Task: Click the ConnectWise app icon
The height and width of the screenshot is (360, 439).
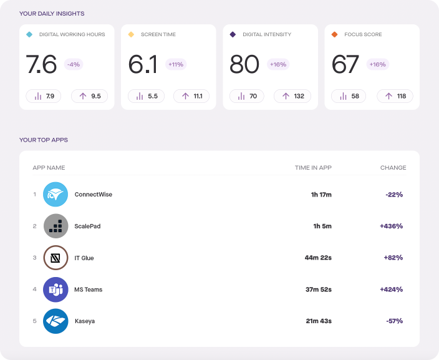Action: tap(55, 195)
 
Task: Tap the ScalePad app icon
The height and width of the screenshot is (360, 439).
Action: tap(55, 226)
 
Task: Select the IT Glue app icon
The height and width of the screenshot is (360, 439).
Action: tap(55, 258)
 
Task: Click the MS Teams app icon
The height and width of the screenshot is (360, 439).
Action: tap(55, 289)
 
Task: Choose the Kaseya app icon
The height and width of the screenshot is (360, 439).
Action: tap(55, 321)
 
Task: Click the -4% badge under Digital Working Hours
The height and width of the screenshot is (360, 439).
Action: tap(74, 64)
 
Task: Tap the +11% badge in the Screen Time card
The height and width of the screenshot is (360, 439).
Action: tap(176, 64)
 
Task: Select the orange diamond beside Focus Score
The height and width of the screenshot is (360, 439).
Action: tap(335, 34)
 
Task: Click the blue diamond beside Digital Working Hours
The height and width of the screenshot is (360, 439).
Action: tap(29, 34)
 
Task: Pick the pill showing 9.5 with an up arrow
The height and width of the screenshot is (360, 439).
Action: tap(89, 96)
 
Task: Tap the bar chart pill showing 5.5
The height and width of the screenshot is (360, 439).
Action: tap(147, 96)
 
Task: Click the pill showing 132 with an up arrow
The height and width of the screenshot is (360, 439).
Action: tap(293, 96)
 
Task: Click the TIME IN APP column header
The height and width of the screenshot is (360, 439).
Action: tap(313, 168)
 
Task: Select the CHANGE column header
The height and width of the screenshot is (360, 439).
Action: tap(393, 168)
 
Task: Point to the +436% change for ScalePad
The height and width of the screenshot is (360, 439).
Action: tap(391, 226)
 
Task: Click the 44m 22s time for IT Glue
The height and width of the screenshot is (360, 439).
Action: tap(318, 258)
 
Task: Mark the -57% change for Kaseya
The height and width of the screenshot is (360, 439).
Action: tap(394, 321)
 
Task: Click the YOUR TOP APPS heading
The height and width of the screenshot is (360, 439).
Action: tap(44, 140)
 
